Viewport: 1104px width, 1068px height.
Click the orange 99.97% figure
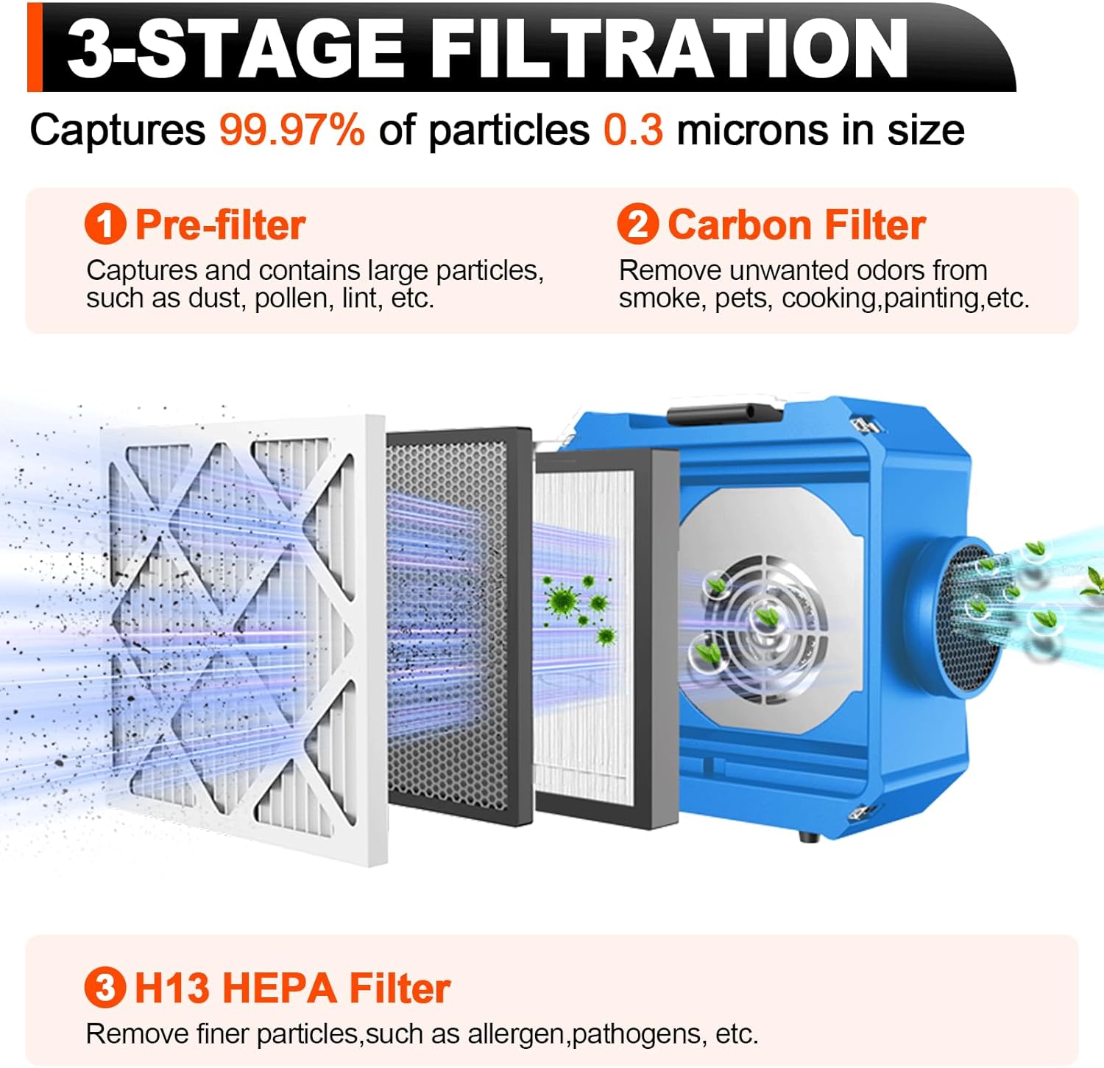pyautogui.click(x=291, y=130)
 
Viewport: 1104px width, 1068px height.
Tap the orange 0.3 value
pyautogui.click(x=633, y=130)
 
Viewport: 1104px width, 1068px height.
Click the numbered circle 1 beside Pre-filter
pyautogui.click(x=105, y=225)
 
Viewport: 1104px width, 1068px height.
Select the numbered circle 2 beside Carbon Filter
pyautogui.click(x=637, y=225)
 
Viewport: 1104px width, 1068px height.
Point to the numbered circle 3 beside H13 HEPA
pyautogui.click(x=105, y=988)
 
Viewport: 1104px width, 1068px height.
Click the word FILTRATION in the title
pyautogui.click(x=668, y=49)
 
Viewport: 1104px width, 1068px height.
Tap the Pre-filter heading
pyautogui.click(x=220, y=225)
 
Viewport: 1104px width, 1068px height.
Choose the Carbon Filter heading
pyautogui.click(x=796, y=225)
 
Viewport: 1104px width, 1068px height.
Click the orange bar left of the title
pyautogui.click(x=35, y=48)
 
